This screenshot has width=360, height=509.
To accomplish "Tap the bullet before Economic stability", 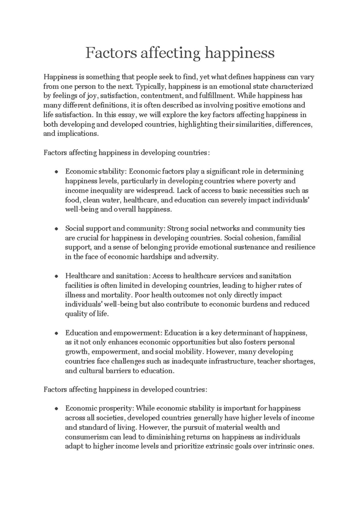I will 56,172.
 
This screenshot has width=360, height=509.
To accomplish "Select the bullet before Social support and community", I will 56,229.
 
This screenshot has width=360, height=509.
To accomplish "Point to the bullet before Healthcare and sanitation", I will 56,276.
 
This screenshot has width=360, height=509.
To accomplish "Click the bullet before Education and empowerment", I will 56,333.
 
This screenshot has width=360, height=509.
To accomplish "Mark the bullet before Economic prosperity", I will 56,409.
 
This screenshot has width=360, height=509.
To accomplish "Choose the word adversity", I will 202,257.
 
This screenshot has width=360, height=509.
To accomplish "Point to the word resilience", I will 299,247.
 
